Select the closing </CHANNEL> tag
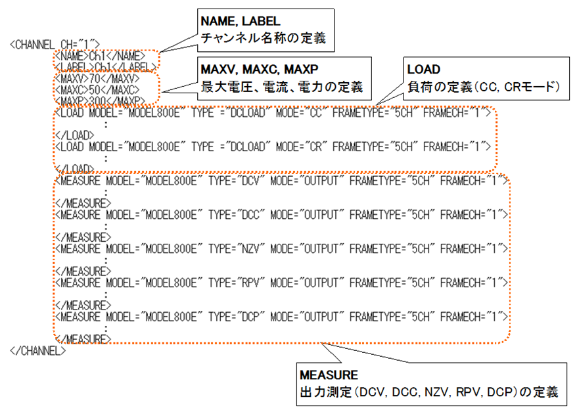[38, 350]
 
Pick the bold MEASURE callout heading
[328, 375]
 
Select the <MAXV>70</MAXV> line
[97, 78]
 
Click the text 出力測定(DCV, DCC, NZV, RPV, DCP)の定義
[428, 393]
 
